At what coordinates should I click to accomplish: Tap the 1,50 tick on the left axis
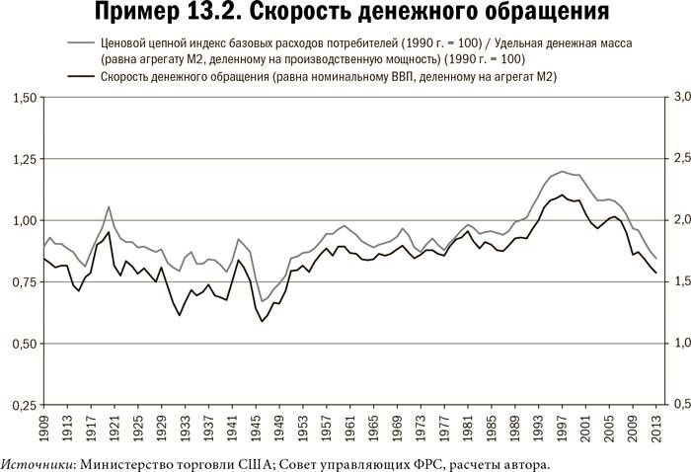tap(22, 98)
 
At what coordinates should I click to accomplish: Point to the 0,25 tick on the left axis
tap(22, 405)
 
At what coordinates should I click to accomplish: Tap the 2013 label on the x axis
tap(655, 431)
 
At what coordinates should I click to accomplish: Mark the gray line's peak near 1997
tap(562, 171)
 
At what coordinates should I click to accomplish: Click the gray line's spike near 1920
tap(109, 206)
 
